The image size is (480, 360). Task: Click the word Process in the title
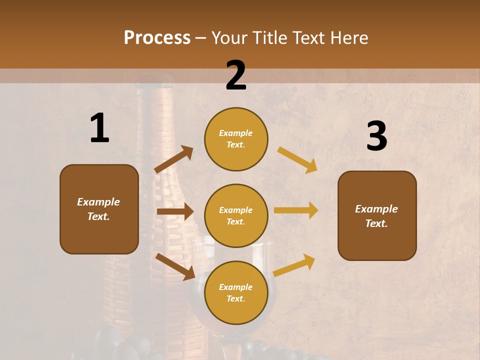point(157,38)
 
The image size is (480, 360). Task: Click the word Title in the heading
point(270,38)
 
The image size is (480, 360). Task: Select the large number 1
point(99,129)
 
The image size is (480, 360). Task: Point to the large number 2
point(236,76)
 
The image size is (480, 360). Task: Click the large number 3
point(376,137)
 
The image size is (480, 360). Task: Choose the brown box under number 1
point(99,209)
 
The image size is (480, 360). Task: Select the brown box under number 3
point(377,216)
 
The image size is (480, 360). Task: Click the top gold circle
point(236,139)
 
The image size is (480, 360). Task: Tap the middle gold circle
point(236,215)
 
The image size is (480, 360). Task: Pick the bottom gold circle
point(236,292)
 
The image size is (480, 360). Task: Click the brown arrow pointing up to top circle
point(173,159)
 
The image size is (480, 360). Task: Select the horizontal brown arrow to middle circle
point(174,211)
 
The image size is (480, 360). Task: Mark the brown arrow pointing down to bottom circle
point(175,266)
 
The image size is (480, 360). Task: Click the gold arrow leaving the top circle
point(297,159)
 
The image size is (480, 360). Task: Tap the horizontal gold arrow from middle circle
point(296,210)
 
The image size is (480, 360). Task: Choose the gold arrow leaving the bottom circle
point(294,265)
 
